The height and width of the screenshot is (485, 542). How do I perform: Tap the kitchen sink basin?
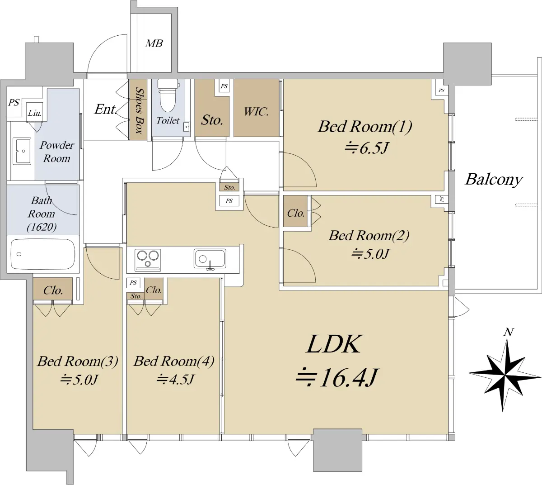pyautogui.click(x=210, y=259)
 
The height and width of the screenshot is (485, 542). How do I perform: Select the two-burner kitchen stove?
pyautogui.click(x=148, y=260)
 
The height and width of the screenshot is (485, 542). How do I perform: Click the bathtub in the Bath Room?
pyautogui.click(x=43, y=254)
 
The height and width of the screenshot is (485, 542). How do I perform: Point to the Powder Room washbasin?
pyautogui.click(x=22, y=151)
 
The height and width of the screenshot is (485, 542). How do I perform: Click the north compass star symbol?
pyautogui.click(x=505, y=376)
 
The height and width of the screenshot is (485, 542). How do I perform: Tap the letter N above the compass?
pyautogui.click(x=509, y=333)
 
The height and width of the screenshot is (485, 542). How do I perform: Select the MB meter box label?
pyautogui.click(x=154, y=43)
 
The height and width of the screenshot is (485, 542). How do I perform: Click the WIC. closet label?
pyautogui.click(x=256, y=112)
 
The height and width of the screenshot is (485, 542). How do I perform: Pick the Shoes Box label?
pyautogui.click(x=139, y=110)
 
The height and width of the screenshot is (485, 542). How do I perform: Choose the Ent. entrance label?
pyautogui.click(x=106, y=109)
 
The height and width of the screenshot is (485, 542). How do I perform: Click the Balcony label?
pyautogui.click(x=494, y=180)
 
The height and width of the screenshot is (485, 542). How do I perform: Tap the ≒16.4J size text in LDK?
pyautogui.click(x=336, y=378)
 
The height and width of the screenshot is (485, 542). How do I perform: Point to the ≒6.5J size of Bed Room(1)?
pyautogui.click(x=366, y=148)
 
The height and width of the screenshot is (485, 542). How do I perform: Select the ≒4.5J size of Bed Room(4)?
pyautogui.click(x=175, y=380)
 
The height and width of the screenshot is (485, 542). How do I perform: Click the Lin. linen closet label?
pyautogui.click(x=34, y=113)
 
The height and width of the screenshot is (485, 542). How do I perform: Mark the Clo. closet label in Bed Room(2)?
pyautogui.click(x=295, y=213)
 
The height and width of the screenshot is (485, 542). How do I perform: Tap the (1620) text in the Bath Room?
pyautogui.click(x=42, y=227)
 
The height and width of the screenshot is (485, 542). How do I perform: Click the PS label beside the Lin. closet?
pyautogui.click(x=14, y=102)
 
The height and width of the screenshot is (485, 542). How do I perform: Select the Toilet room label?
pyautogui.click(x=168, y=121)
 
